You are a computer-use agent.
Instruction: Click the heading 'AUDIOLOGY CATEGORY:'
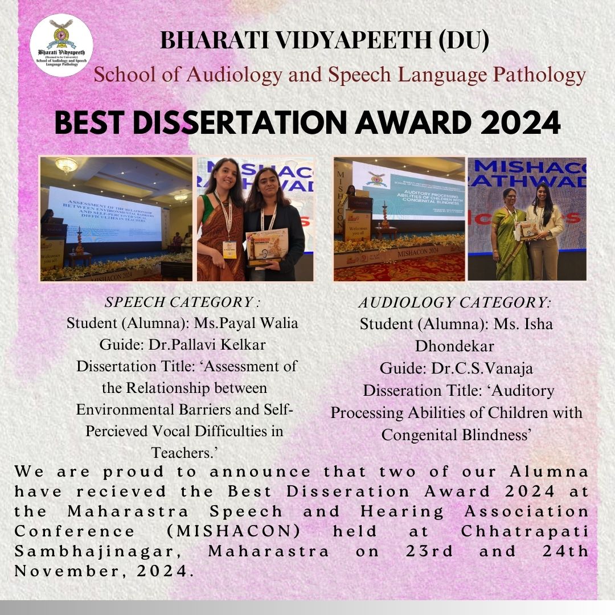(x=455, y=302)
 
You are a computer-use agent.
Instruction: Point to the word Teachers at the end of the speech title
(x=185, y=453)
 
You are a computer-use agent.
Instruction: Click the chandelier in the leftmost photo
(x=66, y=165)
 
